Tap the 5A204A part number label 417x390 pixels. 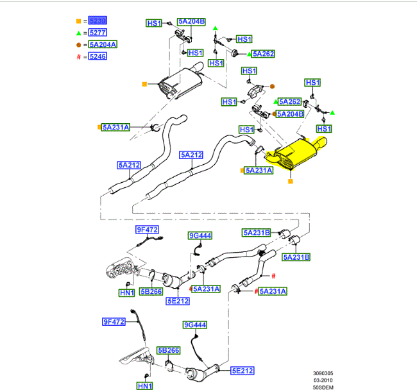[x=103, y=45]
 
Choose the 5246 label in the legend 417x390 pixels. [x=98, y=57]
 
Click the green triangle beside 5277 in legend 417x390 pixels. [x=78, y=33]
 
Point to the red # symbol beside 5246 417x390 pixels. [x=78, y=57]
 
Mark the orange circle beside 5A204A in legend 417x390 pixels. [x=78, y=45]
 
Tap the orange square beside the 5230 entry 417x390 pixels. [x=78, y=21]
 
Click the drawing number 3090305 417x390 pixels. [x=324, y=373]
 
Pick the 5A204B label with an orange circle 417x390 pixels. [x=290, y=114]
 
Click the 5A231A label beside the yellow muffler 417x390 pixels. [x=259, y=171]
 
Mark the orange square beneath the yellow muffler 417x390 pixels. [x=290, y=182]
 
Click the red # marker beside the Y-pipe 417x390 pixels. [x=273, y=276]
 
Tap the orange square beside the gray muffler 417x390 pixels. [x=144, y=83]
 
